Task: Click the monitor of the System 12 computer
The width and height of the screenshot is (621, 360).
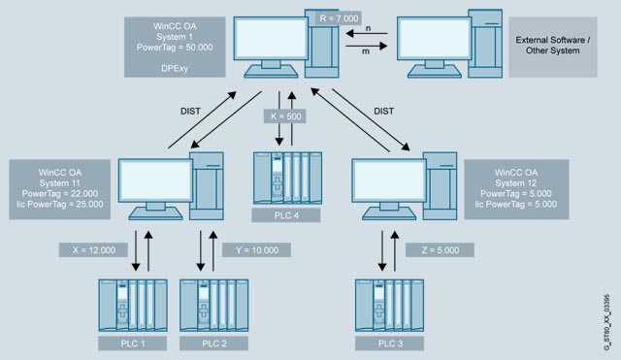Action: (388, 180)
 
